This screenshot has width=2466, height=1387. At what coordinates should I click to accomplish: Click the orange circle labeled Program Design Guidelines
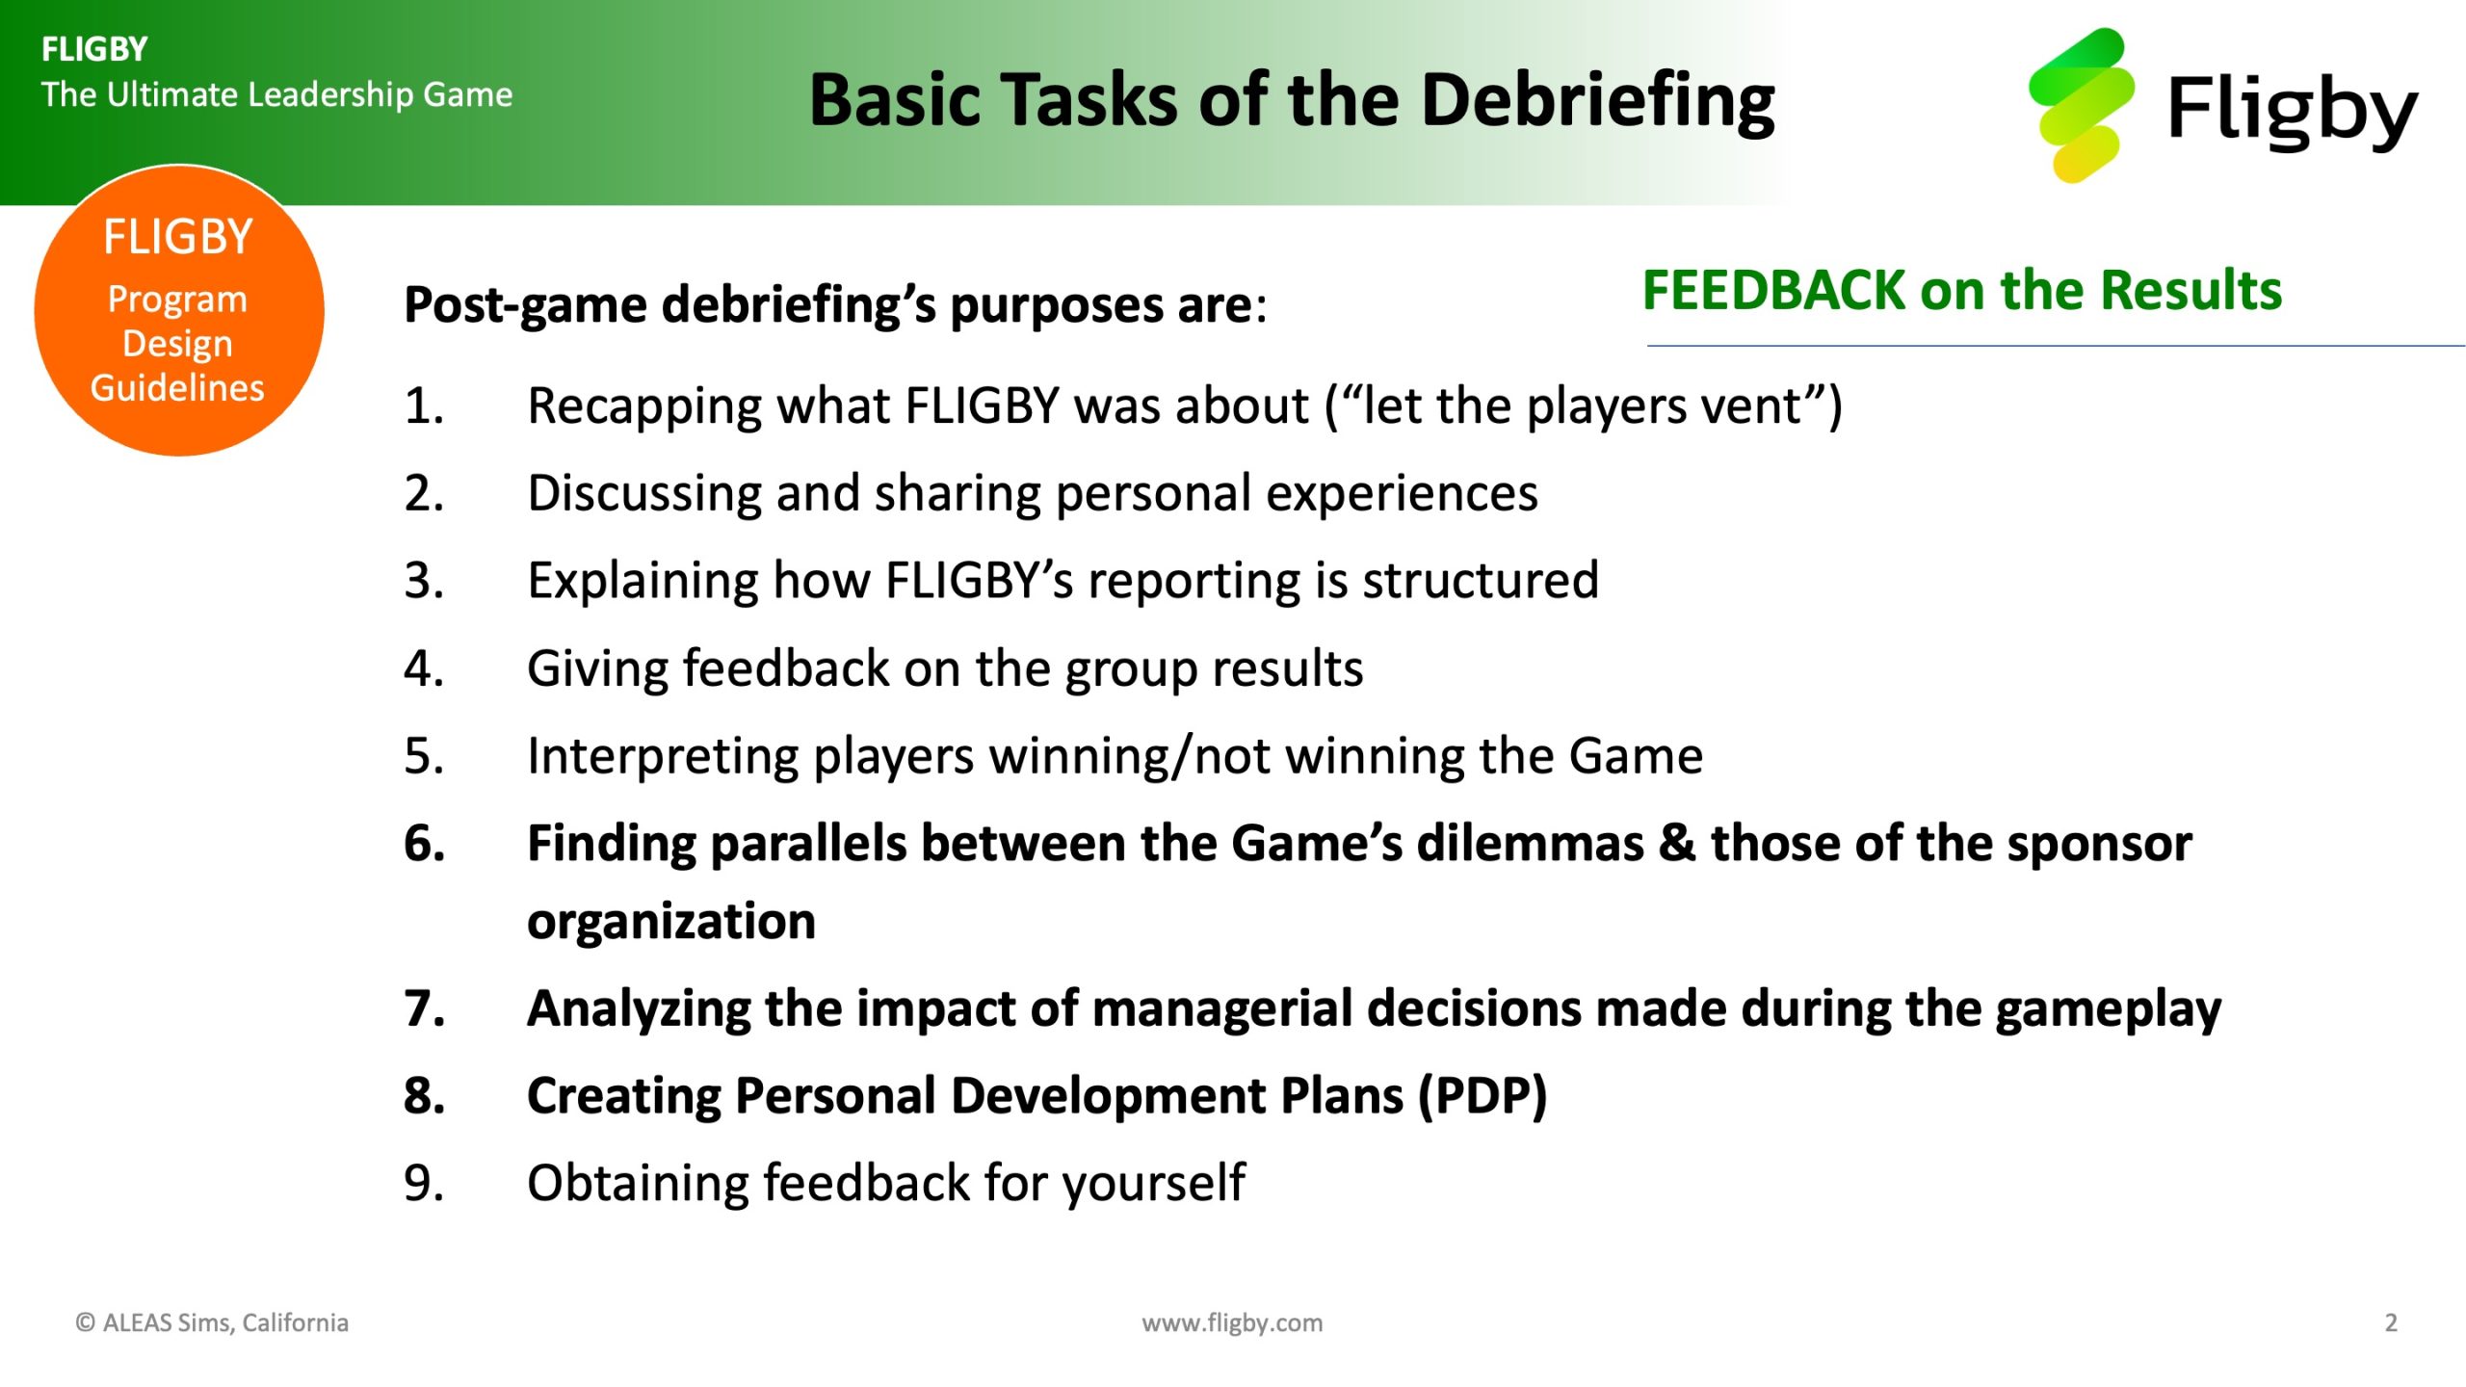point(179,310)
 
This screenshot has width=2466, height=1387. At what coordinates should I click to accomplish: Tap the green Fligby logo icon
point(2081,105)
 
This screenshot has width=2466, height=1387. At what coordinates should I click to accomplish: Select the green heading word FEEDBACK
point(1772,290)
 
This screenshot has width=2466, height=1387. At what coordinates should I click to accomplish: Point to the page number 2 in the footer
point(2391,1322)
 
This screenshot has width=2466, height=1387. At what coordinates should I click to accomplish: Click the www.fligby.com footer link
point(1232,1323)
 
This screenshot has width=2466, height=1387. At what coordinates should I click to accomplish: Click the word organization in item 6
point(671,923)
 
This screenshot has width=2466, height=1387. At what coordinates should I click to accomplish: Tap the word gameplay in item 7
point(2109,1010)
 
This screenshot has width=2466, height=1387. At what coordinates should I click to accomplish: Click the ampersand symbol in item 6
point(1677,843)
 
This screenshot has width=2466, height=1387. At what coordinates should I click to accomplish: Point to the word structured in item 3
point(1481,581)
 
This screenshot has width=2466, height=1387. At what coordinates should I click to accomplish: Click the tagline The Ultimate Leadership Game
point(276,94)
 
